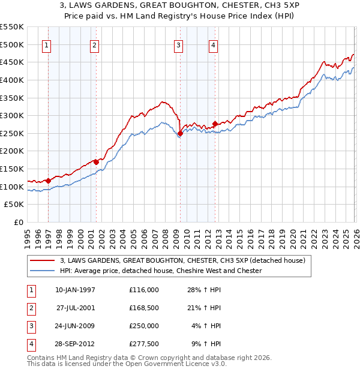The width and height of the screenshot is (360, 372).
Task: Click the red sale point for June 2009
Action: (180, 133)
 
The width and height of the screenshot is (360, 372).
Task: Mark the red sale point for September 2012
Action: (215, 124)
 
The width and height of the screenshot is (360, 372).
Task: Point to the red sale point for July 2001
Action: (96, 162)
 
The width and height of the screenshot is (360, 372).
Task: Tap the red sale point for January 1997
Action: (48, 181)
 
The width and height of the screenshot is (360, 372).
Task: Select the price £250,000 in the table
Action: (143, 326)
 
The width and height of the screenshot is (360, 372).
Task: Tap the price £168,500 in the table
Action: (143, 308)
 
